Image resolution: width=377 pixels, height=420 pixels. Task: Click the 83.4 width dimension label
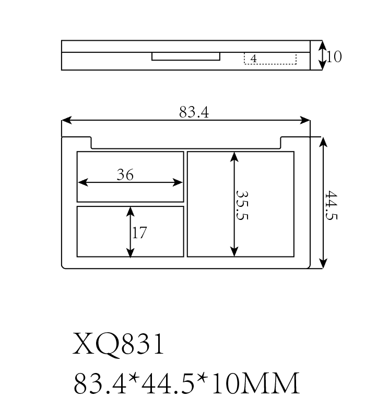pos(194,112)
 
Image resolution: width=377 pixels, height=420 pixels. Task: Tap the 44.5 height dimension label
pos(331,205)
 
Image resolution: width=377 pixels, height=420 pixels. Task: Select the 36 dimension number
pos(125,174)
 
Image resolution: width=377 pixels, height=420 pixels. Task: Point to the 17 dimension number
pos(139,232)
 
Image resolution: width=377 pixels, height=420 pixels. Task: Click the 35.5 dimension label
pos(242,205)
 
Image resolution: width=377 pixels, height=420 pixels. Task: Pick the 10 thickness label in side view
pos(334,56)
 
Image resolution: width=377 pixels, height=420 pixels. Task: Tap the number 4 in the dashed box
pos(253,59)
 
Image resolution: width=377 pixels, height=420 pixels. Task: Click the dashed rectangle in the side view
pos(270,59)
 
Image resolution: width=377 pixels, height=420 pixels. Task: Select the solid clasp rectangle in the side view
pos(186,56)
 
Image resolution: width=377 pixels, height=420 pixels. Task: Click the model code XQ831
pos(118,344)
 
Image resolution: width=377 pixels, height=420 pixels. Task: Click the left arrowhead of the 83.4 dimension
pos(67,120)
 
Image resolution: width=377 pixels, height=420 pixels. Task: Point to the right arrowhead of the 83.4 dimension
pos(305,120)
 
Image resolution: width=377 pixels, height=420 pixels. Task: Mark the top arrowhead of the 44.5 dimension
pos(323,142)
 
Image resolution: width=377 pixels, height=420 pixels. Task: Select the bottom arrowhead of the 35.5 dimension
pos(234,252)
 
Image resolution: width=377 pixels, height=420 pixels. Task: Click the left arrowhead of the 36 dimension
pos(83,182)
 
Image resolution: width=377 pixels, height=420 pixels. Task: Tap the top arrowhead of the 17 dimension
pos(130,212)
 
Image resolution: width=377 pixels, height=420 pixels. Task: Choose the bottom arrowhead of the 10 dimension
pos(322,65)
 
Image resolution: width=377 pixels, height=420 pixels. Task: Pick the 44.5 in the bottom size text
pos(168,383)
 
